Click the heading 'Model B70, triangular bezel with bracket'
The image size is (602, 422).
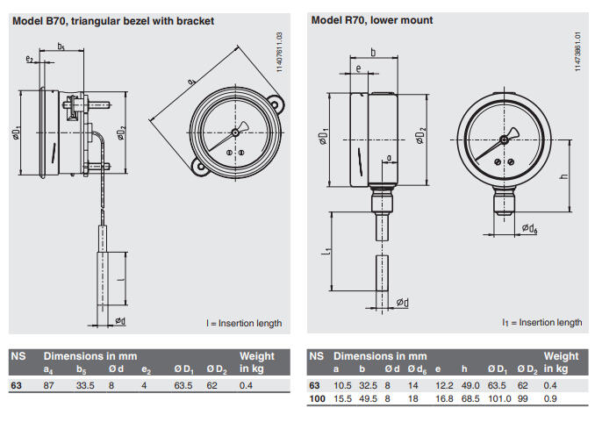tap(113, 20)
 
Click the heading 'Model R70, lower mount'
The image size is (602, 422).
tap(371, 20)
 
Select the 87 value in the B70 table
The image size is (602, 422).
tap(50, 385)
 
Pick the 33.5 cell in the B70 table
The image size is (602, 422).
tap(84, 385)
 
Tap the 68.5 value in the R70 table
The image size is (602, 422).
tap(470, 399)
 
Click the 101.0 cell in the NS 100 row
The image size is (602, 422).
tap(499, 399)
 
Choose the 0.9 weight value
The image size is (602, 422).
tap(550, 399)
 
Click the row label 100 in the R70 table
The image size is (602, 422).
tap(317, 399)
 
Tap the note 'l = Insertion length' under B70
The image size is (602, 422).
tap(244, 323)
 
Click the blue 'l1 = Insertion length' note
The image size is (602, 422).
tap(541, 323)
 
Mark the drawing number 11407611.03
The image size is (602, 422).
tap(278, 52)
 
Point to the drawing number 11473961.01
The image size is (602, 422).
tap(578, 53)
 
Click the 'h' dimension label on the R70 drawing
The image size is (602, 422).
tap(564, 176)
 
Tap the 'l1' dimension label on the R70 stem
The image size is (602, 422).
tap(326, 254)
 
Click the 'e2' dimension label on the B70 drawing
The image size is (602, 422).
tap(30, 59)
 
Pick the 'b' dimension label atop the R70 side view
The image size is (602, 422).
tap(375, 53)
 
